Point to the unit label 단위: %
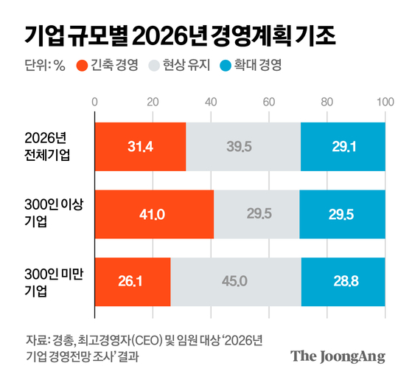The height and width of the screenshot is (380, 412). pos(45,64)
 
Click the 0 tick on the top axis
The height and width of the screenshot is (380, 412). pos(95,101)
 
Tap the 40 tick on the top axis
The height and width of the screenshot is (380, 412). pos(211,101)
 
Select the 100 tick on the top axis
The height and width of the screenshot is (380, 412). pos(384,101)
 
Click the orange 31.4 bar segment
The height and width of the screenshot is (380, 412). pos(140,147)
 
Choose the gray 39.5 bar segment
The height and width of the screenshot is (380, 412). pos(243,147)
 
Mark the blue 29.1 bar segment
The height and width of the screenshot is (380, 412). pos(343,147)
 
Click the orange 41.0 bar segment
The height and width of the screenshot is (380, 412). pos(154,214)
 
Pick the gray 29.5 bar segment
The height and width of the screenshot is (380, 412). pos(256,214)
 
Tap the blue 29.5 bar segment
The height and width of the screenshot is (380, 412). pos(342,214)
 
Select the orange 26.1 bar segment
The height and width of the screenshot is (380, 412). pos(133,281)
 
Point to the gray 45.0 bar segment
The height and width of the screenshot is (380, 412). pos(236,281)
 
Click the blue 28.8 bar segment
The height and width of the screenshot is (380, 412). pos(343,281)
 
